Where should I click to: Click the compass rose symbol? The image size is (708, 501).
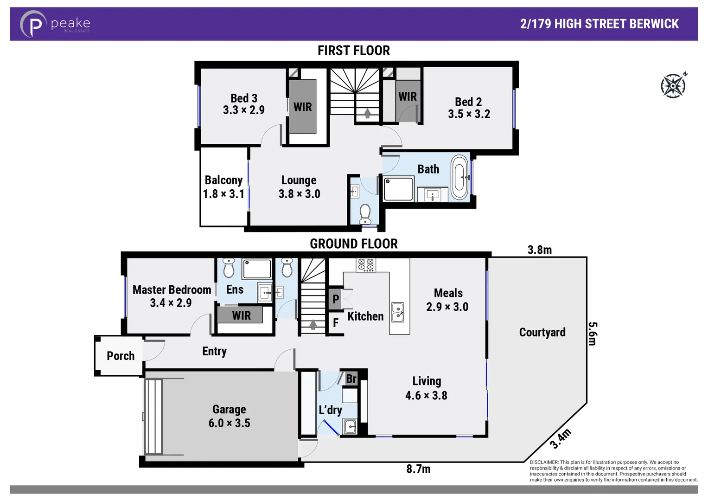tap(673, 86)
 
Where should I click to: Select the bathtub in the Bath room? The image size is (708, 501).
tap(459, 177)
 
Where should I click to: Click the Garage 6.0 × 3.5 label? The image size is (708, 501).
tap(229, 416)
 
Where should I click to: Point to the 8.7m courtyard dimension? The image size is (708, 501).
tap(418, 469)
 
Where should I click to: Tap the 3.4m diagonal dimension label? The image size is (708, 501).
tap(561, 439)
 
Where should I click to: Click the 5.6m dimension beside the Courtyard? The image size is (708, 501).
tap(593, 334)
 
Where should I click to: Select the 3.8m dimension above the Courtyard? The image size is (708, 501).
tap(540, 250)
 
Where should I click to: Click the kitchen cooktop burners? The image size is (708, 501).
tap(365, 265)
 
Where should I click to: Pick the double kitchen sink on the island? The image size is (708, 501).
tap(397, 312)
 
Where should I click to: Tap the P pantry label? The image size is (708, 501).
tap(336, 299)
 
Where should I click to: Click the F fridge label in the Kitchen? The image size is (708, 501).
tap(336, 323)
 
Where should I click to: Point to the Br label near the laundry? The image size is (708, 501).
tap(351, 379)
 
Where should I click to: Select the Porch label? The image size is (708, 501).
tap(121, 356)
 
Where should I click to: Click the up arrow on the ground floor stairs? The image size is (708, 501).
tap(313, 324)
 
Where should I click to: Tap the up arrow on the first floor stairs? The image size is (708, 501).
tap(367, 113)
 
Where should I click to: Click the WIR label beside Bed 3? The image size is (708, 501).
tap(302, 107)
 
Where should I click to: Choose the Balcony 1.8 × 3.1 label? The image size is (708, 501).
tap(223, 187)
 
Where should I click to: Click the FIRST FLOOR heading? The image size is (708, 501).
tap(353, 51)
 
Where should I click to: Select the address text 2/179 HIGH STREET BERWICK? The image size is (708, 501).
tap(599, 24)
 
